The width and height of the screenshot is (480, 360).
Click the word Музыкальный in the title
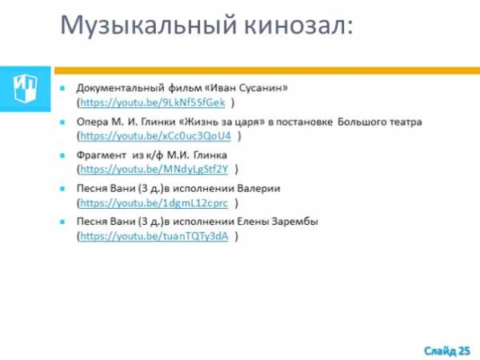[x=149, y=26]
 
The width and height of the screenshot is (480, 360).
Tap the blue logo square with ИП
[x=25, y=89]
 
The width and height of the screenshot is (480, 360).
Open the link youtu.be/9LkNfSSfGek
[x=153, y=102]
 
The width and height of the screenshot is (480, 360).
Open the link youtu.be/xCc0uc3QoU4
[x=155, y=136]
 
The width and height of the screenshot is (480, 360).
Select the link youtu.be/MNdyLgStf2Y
[x=154, y=169]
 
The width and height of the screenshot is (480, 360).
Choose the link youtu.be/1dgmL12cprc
[x=154, y=202]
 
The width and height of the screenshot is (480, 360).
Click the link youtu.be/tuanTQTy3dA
[x=154, y=236]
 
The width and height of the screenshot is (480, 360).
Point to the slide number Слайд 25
[x=447, y=351]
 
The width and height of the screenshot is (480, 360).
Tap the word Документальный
[x=120, y=89]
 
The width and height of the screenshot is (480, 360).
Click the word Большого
[x=361, y=122]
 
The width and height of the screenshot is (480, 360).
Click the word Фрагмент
[x=102, y=155]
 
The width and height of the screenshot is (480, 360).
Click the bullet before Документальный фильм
[x=62, y=89]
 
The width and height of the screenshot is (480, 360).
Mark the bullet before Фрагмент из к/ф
[x=62, y=155]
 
